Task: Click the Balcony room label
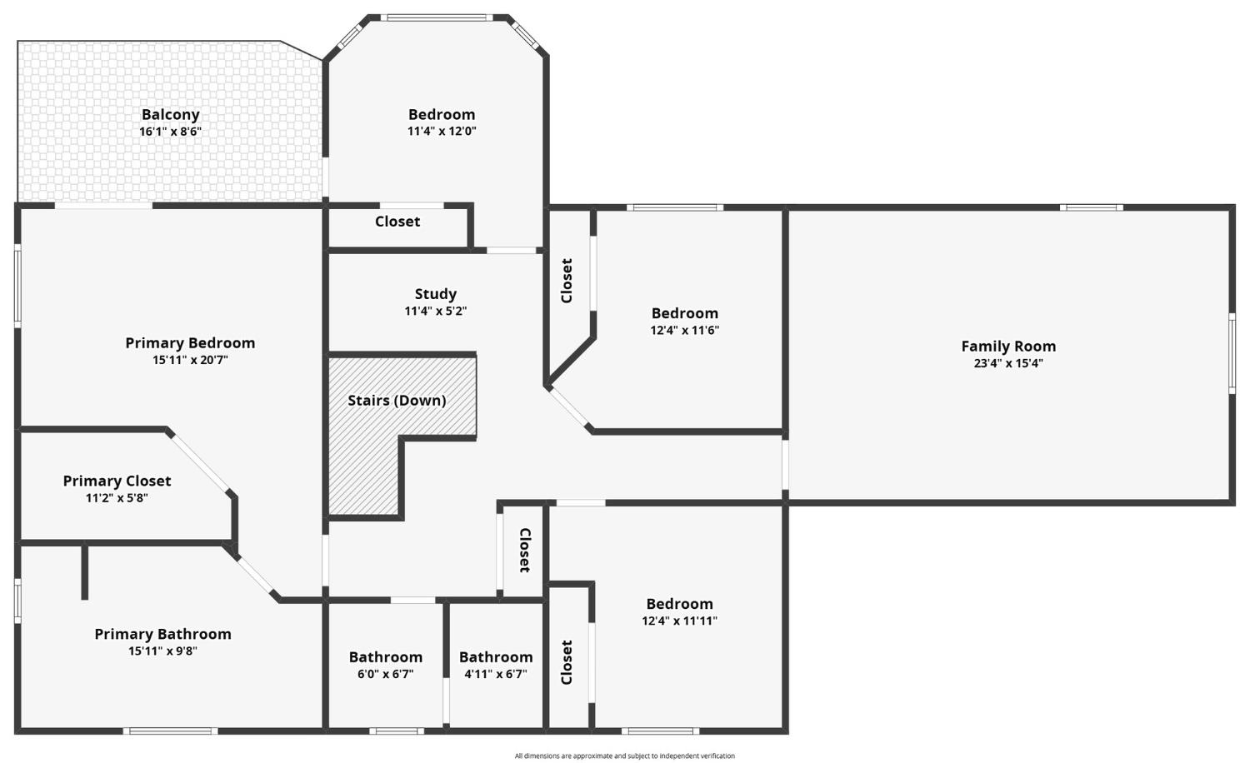(x=170, y=115)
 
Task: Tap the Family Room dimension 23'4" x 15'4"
(x=1008, y=364)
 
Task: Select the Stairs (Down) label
(x=397, y=401)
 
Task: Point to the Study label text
(x=435, y=294)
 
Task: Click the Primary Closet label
(x=117, y=481)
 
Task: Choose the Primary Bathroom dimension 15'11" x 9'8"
(x=162, y=651)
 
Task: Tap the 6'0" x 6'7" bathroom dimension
(x=386, y=674)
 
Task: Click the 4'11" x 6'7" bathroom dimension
(x=496, y=674)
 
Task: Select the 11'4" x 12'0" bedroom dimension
(x=442, y=131)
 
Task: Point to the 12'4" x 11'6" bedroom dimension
(x=685, y=330)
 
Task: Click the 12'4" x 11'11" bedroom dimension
(x=679, y=621)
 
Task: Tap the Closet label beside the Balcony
(x=397, y=222)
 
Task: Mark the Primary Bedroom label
(x=190, y=343)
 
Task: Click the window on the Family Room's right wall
(x=1232, y=354)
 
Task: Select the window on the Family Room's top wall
(x=1092, y=207)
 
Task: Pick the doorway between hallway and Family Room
(x=785, y=465)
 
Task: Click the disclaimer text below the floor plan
(x=624, y=756)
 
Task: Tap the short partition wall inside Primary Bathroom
(x=85, y=571)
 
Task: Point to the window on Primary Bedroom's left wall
(x=17, y=286)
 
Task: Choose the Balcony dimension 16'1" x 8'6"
(x=170, y=132)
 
